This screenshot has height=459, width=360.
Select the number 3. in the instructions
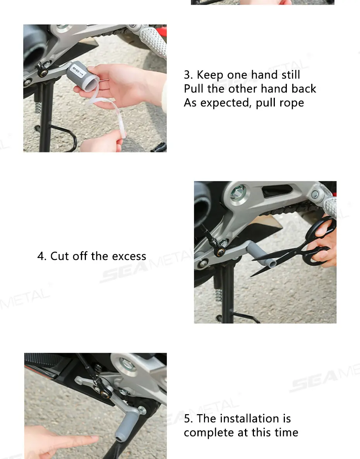[x=189, y=75]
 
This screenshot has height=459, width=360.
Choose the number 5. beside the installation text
[x=189, y=419]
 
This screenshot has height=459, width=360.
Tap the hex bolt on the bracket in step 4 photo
[x=237, y=193]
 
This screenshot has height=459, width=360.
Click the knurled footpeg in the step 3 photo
[x=153, y=41]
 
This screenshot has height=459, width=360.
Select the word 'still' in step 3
[x=291, y=75]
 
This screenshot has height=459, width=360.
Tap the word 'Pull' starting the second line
[x=194, y=89]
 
